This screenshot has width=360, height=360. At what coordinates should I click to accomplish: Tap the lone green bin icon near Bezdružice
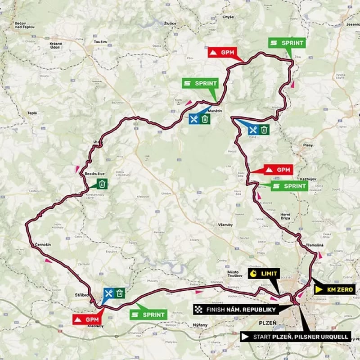point(102,184)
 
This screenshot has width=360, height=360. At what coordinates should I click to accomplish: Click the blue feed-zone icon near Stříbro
point(108,293)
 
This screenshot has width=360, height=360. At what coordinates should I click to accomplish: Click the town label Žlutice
point(171,22)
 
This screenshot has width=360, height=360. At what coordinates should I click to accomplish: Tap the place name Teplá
point(31,113)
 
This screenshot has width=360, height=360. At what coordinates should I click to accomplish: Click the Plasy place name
point(308,145)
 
